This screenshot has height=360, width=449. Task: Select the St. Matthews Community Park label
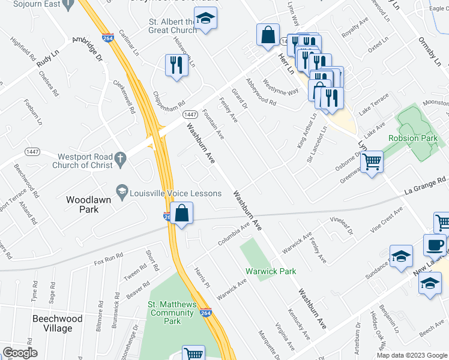tap(173, 313)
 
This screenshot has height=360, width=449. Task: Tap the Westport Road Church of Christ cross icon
tap(120, 159)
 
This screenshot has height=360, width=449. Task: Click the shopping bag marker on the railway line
tap(181, 214)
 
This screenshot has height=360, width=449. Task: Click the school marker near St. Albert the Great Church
tap(206, 20)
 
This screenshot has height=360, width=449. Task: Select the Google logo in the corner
tap(20, 353)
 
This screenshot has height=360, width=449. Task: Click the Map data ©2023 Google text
tap(412, 355)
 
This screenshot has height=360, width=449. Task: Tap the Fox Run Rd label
tap(108, 258)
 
